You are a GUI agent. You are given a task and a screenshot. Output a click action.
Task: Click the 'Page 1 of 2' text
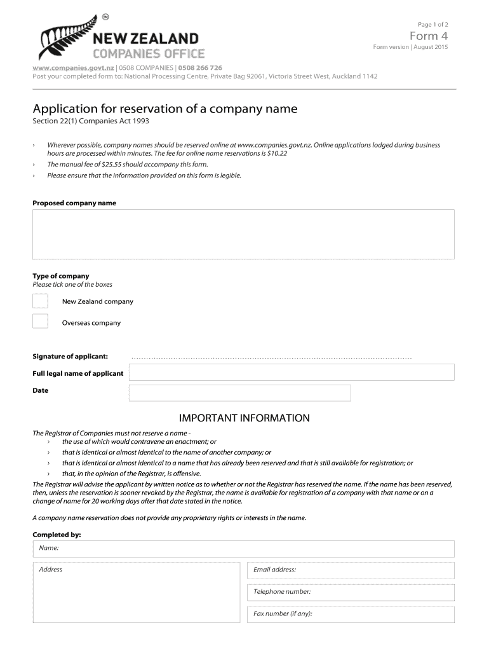pyautogui.click(x=433, y=24)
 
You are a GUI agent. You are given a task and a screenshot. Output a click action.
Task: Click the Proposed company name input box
pyautogui.click(x=243, y=234)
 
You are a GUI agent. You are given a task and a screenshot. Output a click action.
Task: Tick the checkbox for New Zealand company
pyautogui.click(x=41, y=301)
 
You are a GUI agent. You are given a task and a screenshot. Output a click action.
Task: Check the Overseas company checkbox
pyautogui.click(x=41, y=322)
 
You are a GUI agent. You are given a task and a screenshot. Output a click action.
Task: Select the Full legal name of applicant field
pyautogui.click(x=291, y=372)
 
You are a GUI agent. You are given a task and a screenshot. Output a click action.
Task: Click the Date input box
pyautogui.click(x=239, y=393)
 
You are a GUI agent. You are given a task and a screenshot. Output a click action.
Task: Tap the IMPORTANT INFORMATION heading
pyautogui.click(x=244, y=418)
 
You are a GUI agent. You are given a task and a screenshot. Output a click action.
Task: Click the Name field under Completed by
pyautogui.click(x=243, y=549)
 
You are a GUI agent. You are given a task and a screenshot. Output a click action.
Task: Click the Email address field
pyautogui.click(x=351, y=570)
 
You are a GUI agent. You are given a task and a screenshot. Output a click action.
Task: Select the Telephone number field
pyautogui.click(x=351, y=593)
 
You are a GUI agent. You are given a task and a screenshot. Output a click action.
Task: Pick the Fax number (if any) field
pyautogui.click(x=351, y=614)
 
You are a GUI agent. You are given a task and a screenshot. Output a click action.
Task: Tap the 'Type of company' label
pyautogui.click(x=61, y=276)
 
